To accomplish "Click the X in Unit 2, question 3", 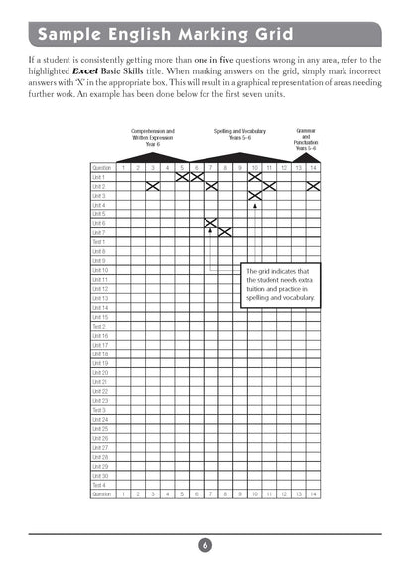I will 152,186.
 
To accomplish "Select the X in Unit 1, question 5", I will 182,177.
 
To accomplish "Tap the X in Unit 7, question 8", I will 225,232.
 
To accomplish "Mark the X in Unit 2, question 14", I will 313,186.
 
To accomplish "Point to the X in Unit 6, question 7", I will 210,223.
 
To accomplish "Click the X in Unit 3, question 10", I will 254,196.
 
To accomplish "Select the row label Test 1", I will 99,242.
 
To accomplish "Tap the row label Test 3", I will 99,410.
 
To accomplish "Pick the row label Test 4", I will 99,485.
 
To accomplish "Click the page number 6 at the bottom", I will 204,544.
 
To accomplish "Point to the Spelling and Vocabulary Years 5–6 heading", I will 239,134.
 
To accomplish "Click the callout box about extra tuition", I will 281,284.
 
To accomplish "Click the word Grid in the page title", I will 263,36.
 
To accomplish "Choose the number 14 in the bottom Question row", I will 313,493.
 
